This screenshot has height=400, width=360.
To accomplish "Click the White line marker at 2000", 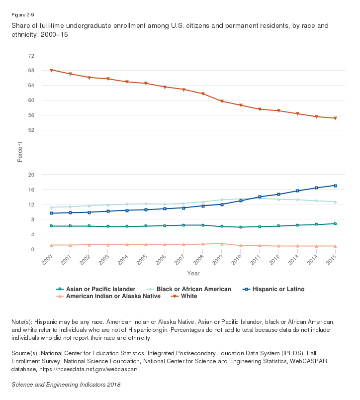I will tap(51, 70).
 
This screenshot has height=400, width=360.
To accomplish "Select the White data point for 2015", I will tap(336, 118).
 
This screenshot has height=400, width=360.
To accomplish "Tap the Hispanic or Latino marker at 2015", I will tap(336, 186).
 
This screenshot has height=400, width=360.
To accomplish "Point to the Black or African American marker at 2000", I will tap(51, 207).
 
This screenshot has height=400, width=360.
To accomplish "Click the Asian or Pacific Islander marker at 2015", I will tap(336, 224).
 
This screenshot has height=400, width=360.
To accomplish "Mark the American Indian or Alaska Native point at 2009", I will tap(222, 244).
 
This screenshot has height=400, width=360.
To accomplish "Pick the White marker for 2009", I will tap(222, 101).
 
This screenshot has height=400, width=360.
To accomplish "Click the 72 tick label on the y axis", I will tap(31, 55).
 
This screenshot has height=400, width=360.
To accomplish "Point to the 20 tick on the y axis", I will tap(31, 175).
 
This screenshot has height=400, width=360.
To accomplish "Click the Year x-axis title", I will tap(193, 273).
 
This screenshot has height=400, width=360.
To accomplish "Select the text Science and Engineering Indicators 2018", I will tap(66, 385).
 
